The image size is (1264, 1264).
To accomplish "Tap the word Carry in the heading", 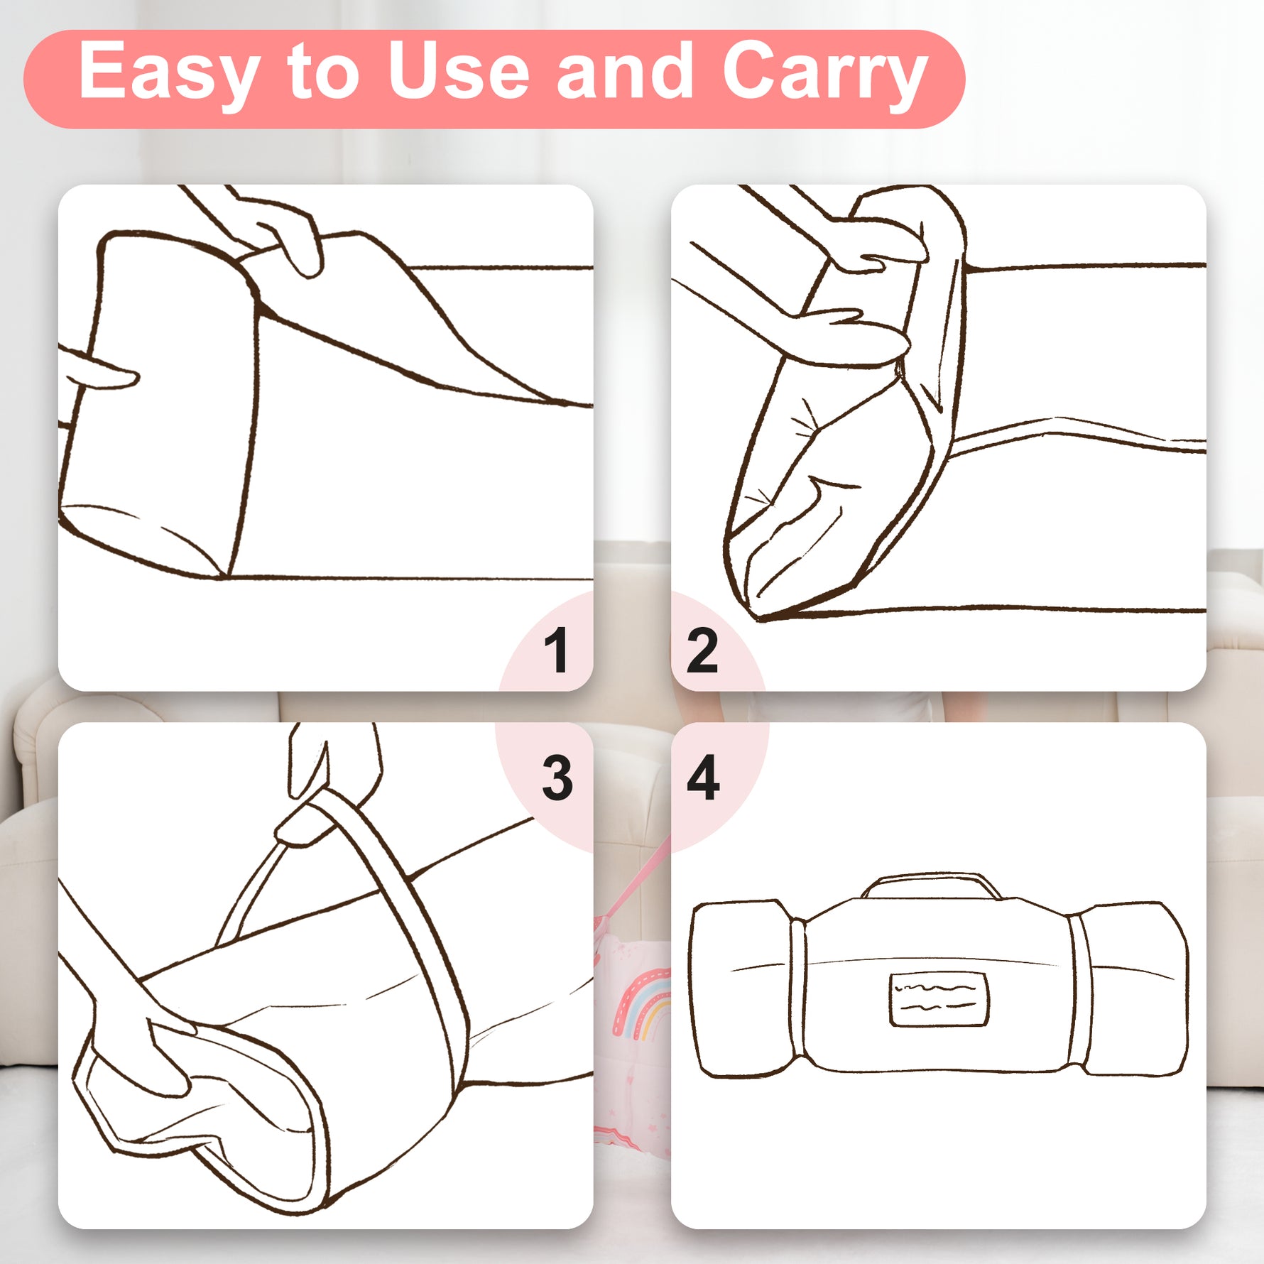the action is [x=825, y=74].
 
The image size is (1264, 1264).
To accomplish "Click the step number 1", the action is [x=557, y=649].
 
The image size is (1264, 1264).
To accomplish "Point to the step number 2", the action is [x=702, y=650].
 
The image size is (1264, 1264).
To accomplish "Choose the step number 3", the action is [x=557, y=778].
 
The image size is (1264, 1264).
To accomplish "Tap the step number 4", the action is [x=703, y=777].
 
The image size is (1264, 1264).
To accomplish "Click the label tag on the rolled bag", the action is [x=939, y=1000].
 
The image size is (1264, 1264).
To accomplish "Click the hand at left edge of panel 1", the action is [x=96, y=369].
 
